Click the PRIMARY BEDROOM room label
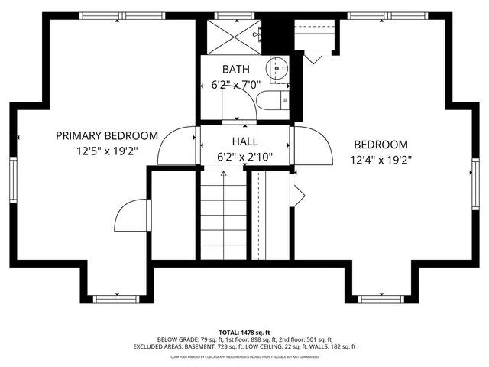107,135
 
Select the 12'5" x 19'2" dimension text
107,151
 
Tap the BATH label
236,70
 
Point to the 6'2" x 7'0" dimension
236,86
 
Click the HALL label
244,141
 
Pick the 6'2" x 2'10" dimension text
244,158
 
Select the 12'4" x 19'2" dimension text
380,161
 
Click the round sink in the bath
280,67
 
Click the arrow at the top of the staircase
223,174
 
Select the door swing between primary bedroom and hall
177,145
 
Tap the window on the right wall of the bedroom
475,180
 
